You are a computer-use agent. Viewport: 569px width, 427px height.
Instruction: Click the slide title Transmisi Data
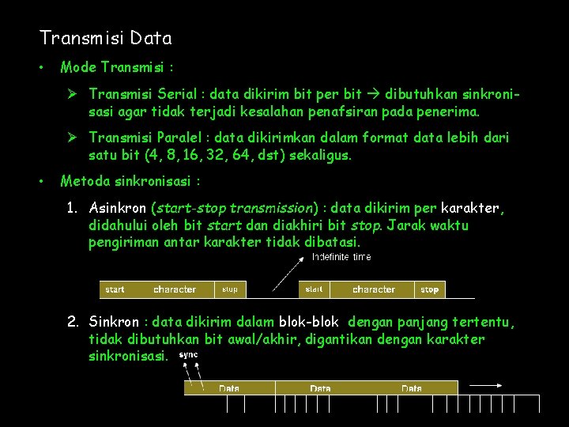(x=105, y=38)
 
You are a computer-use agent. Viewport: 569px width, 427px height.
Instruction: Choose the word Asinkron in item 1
(x=118, y=209)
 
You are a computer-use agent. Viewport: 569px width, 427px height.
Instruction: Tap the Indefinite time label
(x=341, y=257)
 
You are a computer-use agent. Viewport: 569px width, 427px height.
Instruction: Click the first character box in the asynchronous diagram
(x=175, y=289)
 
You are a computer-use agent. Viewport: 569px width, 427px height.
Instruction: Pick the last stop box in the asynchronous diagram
(x=429, y=289)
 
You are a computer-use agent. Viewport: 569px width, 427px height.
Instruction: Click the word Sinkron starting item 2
(x=114, y=322)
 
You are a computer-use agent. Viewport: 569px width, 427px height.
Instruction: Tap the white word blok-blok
(x=309, y=322)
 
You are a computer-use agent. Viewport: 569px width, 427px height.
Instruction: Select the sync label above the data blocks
(x=189, y=355)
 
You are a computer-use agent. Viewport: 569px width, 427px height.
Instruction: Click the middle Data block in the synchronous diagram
(x=320, y=388)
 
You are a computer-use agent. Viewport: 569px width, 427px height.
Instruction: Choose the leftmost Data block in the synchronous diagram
(x=229, y=388)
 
